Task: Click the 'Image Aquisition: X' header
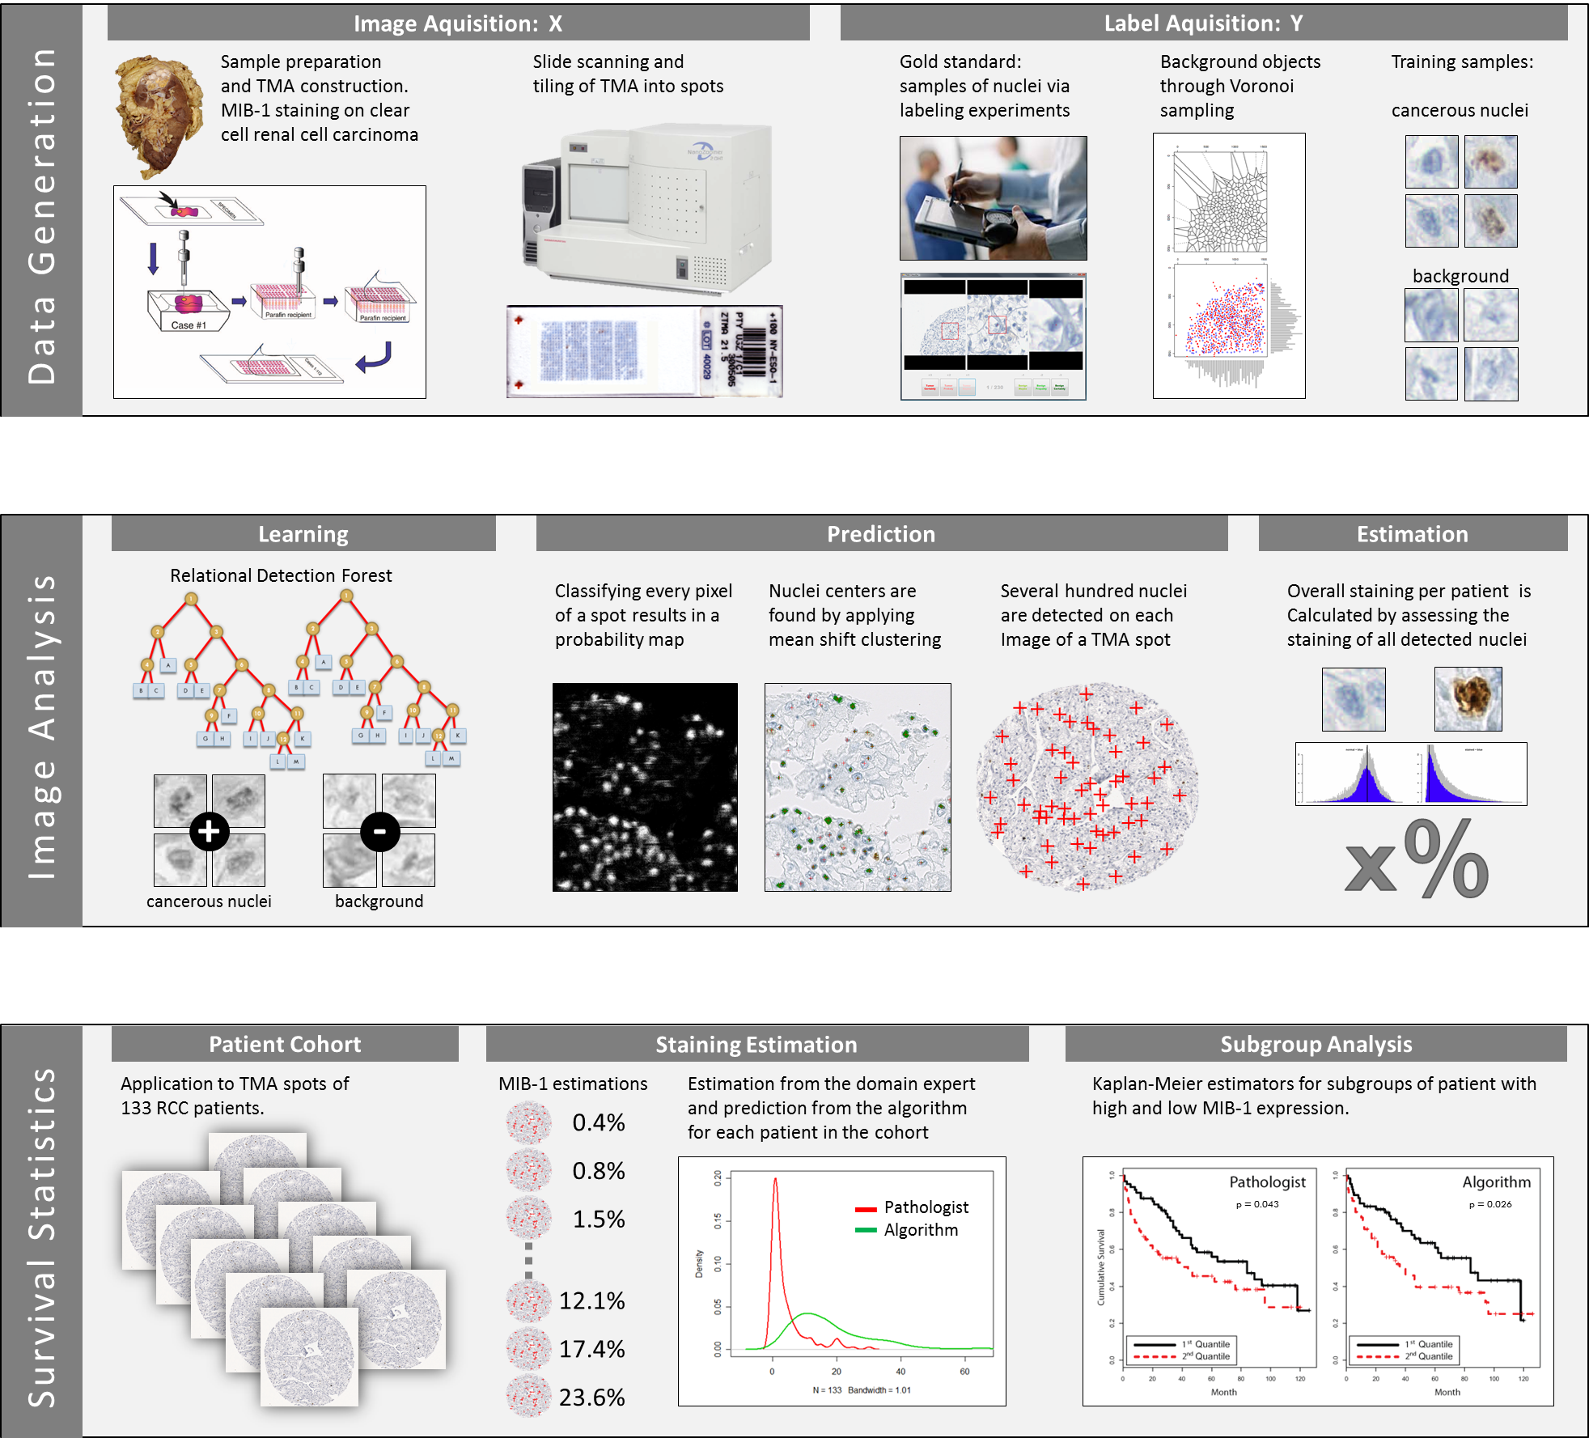(458, 23)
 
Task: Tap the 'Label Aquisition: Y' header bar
(1203, 23)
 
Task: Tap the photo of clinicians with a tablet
(993, 198)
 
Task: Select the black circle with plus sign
(210, 831)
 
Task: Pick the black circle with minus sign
(379, 831)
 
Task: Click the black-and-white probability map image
(645, 787)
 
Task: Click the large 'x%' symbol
(1416, 860)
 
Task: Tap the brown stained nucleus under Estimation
(1468, 699)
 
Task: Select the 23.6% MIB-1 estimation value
(591, 1398)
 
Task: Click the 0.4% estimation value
(598, 1122)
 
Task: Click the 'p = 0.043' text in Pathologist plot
(1257, 1204)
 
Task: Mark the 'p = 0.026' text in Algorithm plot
(1490, 1204)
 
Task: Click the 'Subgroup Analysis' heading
(1316, 1045)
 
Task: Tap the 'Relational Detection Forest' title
(281, 575)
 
